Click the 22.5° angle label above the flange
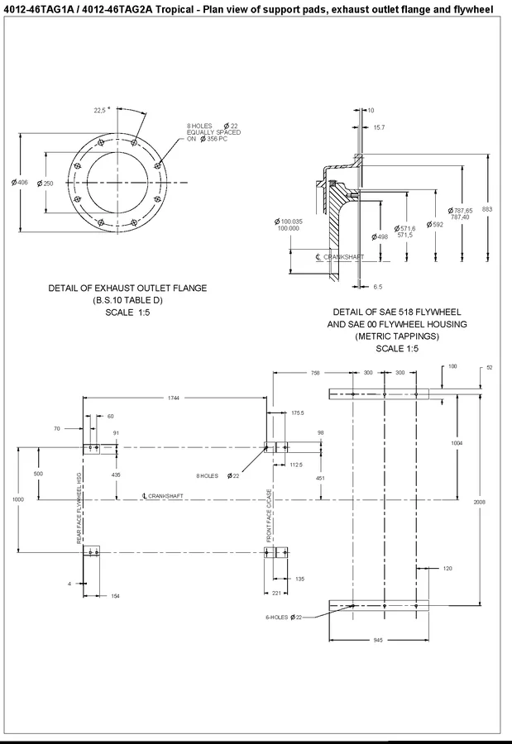pyautogui.click(x=103, y=109)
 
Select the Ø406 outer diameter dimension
pyautogui.click(x=20, y=183)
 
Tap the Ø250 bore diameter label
pyautogui.click(x=45, y=183)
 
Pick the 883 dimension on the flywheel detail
pyautogui.click(x=487, y=210)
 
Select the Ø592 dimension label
pyautogui.click(x=435, y=224)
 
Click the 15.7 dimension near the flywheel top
pyautogui.click(x=379, y=127)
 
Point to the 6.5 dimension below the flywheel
pyautogui.click(x=377, y=286)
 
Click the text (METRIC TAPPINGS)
pyautogui.click(x=396, y=336)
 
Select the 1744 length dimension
pyautogui.click(x=173, y=398)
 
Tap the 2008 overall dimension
pyautogui.click(x=480, y=502)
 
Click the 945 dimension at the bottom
pyautogui.click(x=377, y=640)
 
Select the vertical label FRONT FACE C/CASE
pyautogui.click(x=269, y=516)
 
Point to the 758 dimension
pyautogui.click(x=315, y=373)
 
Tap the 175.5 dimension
pyautogui.click(x=298, y=412)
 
